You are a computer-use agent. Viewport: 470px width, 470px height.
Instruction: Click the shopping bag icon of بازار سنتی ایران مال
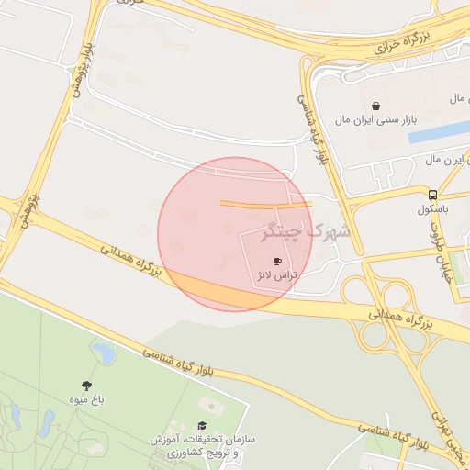point(376,106)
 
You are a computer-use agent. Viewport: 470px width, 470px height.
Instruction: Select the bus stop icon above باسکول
point(432,195)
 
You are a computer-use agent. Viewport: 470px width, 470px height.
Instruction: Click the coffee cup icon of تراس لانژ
point(278,262)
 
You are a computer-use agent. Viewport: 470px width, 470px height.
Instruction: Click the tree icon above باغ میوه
point(87,386)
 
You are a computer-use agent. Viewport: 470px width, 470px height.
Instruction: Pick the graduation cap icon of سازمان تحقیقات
point(202,425)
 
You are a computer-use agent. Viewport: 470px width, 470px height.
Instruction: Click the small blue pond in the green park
point(103,352)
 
